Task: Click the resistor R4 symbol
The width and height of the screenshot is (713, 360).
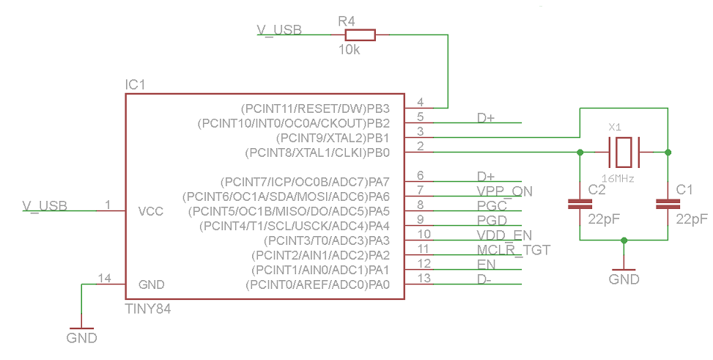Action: point(360,35)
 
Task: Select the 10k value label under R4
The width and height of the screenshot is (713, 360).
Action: point(350,51)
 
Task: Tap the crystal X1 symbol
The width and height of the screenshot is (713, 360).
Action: point(624,152)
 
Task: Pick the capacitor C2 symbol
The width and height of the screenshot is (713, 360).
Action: point(580,205)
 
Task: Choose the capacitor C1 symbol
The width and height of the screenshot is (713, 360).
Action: point(668,205)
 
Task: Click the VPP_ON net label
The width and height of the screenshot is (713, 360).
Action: point(504,191)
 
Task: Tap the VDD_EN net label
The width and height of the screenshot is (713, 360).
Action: point(504,235)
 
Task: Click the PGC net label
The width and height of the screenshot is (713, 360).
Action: point(492,205)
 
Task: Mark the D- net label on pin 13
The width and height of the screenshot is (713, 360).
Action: point(485,279)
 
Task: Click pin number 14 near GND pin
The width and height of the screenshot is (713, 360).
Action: point(105,279)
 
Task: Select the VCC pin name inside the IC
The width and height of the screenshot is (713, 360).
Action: point(151,211)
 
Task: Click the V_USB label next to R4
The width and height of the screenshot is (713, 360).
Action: point(278,30)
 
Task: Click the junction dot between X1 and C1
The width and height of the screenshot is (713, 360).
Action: point(668,152)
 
